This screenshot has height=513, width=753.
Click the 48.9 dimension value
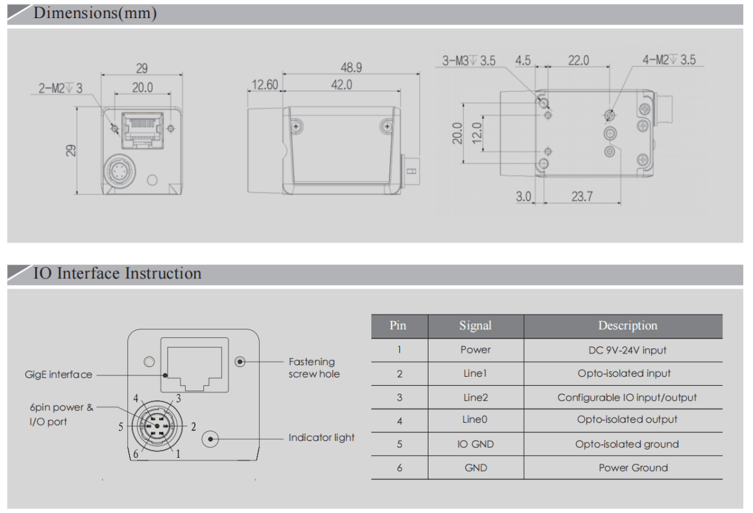[x=351, y=67]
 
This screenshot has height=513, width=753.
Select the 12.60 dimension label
[x=264, y=84]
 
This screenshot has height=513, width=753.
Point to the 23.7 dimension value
[x=582, y=196]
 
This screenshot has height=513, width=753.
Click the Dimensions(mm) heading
[x=95, y=13]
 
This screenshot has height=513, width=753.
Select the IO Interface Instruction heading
[x=117, y=273]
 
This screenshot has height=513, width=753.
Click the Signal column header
[x=475, y=326]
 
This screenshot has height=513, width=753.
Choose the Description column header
[x=627, y=326]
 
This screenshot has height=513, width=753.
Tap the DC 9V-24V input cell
[x=627, y=350]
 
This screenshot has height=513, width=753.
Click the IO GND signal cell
[x=475, y=444]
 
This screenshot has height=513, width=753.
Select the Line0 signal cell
[x=475, y=420]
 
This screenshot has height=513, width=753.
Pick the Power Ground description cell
[x=633, y=468]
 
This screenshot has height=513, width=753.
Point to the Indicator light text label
[x=321, y=438]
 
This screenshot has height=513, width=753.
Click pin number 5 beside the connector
[x=121, y=427]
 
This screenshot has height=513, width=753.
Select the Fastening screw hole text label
[x=314, y=368]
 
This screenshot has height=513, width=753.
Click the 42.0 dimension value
[x=341, y=84]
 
